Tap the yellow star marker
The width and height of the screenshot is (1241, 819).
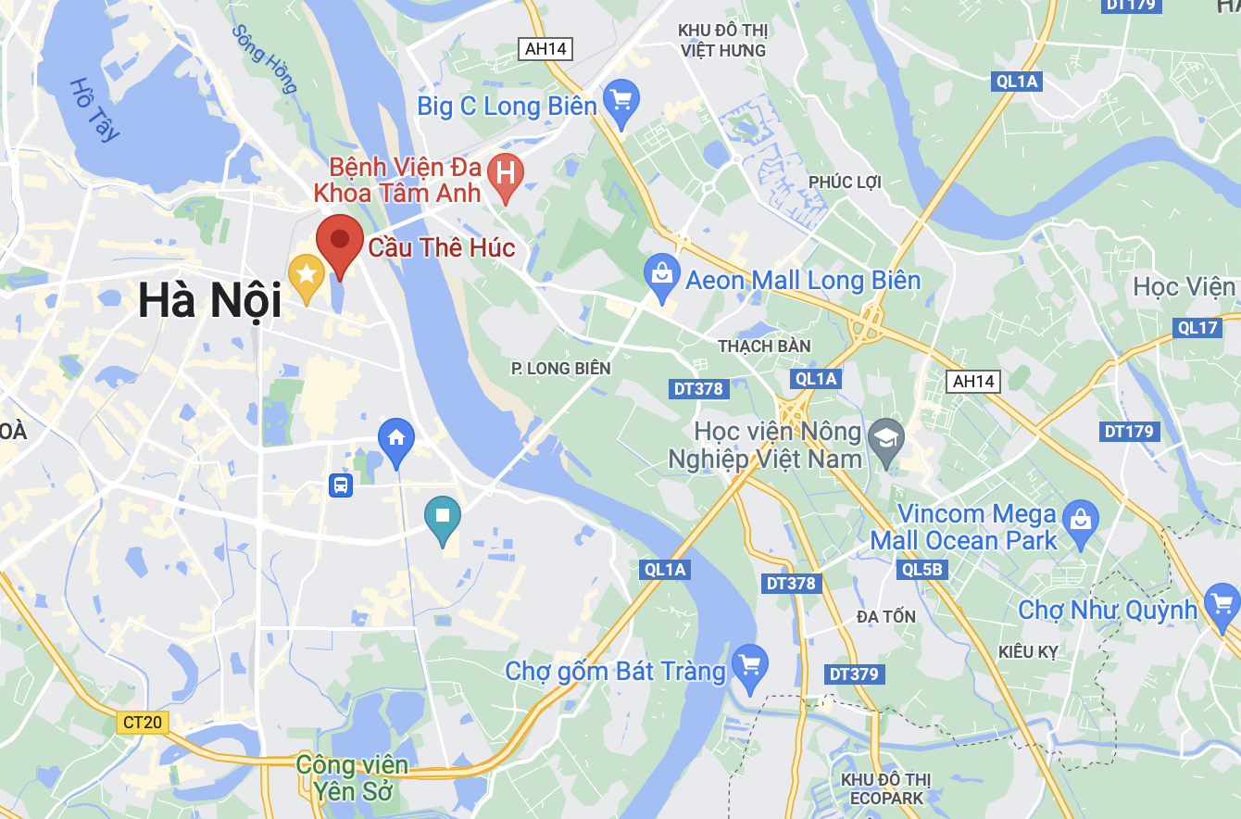306,275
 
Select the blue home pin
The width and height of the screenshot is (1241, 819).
396,439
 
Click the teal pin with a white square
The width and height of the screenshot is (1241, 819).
443,516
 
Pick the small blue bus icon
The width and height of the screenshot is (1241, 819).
341,485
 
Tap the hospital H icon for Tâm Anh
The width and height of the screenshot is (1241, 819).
506,173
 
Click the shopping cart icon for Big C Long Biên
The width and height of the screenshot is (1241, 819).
620,98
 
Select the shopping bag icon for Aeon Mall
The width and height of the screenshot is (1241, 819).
661,275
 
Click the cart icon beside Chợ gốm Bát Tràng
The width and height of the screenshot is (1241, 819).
749,664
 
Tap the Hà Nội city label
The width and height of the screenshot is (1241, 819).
209,302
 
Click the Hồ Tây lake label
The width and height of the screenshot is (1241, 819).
94,109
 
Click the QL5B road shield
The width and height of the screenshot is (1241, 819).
921,570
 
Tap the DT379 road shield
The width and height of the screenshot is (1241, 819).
853,674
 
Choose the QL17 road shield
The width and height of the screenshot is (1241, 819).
1197,327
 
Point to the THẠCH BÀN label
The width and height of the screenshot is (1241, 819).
764,346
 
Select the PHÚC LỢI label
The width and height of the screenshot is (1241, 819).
844,182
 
